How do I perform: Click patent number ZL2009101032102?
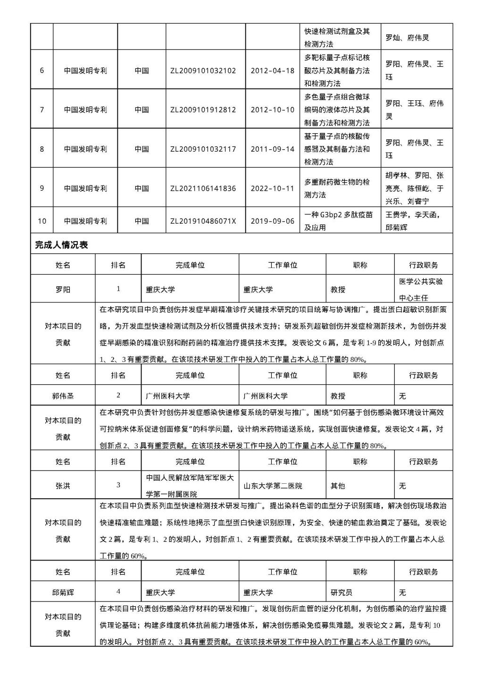(203, 71)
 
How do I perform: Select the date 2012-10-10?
(272, 110)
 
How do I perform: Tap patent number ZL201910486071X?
(203, 221)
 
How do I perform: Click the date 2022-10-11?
(272, 188)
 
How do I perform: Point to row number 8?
(42, 149)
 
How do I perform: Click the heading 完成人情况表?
(61, 245)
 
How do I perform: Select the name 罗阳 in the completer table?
(63, 290)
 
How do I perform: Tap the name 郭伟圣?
(63, 396)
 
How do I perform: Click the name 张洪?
(63, 486)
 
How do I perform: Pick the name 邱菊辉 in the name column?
(63, 593)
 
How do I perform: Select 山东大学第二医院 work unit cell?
(273, 486)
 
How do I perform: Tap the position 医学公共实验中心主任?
(421, 290)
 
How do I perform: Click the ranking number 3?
(118, 485)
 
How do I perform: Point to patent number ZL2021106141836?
(203, 188)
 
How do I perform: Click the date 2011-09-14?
(272, 149)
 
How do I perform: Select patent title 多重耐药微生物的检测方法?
(337, 188)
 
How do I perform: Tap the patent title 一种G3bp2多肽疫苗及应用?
(338, 221)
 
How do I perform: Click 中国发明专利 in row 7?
(85, 110)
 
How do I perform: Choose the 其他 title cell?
(338, 486)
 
